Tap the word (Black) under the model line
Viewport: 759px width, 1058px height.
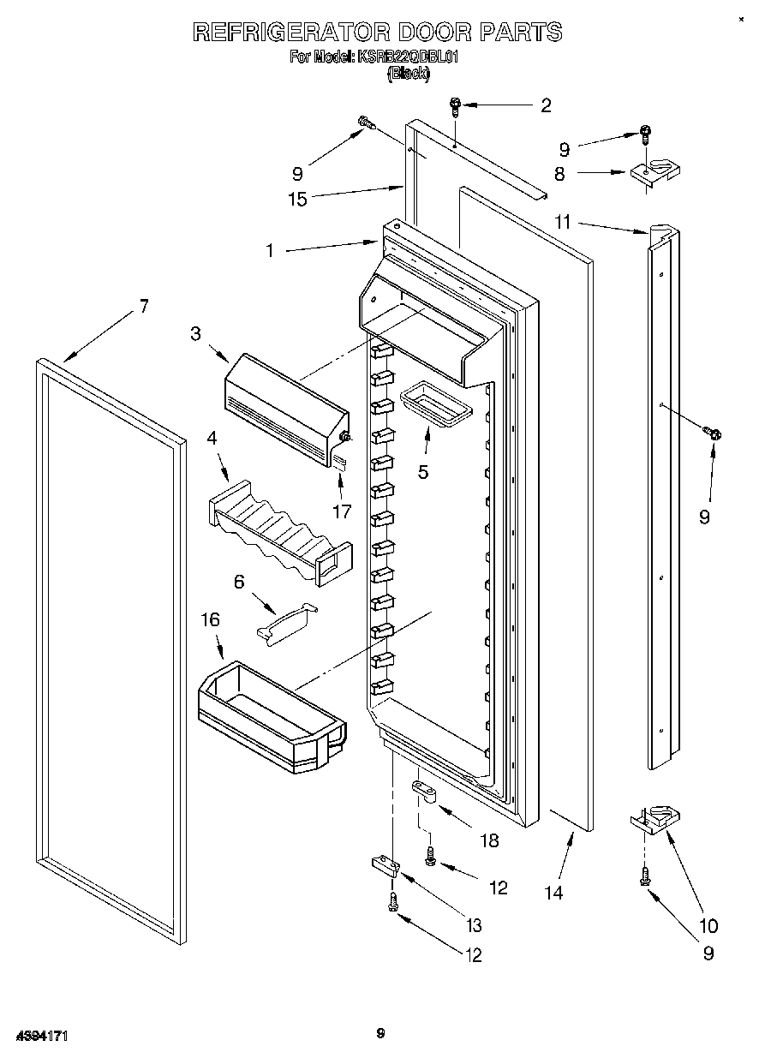pos(408,74)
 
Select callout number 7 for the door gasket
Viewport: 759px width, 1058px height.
pos(143,306)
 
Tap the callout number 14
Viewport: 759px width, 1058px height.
pos(553,892)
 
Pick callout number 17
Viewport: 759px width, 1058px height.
pos(343,511)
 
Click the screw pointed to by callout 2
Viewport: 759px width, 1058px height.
pos(456,106)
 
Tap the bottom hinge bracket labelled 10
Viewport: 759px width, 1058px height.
pos(654,817)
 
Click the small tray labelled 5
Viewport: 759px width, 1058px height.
pos(435,402)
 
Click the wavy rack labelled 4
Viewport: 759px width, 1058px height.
pos(278,531)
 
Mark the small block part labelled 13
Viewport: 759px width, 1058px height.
pos(385,864)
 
